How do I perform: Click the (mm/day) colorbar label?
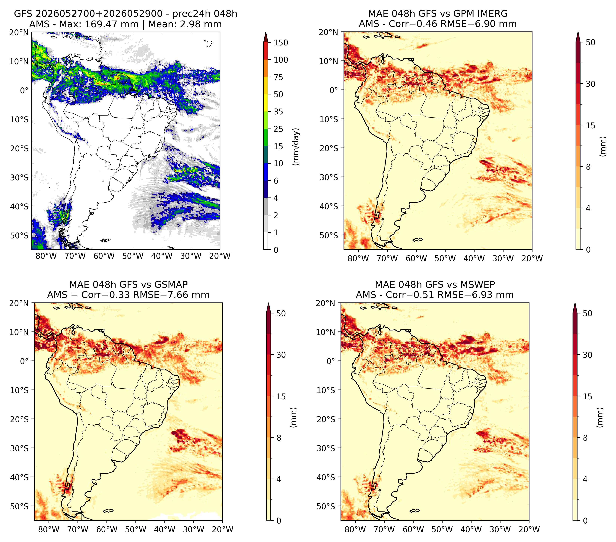(x=296, y=147)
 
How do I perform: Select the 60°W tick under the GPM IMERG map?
(x=417, y=258)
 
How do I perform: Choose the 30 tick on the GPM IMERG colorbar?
(x=591, y=84)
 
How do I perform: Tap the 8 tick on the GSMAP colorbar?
(x=279, y=438)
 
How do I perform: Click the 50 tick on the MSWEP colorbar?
(x=588, y=313)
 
